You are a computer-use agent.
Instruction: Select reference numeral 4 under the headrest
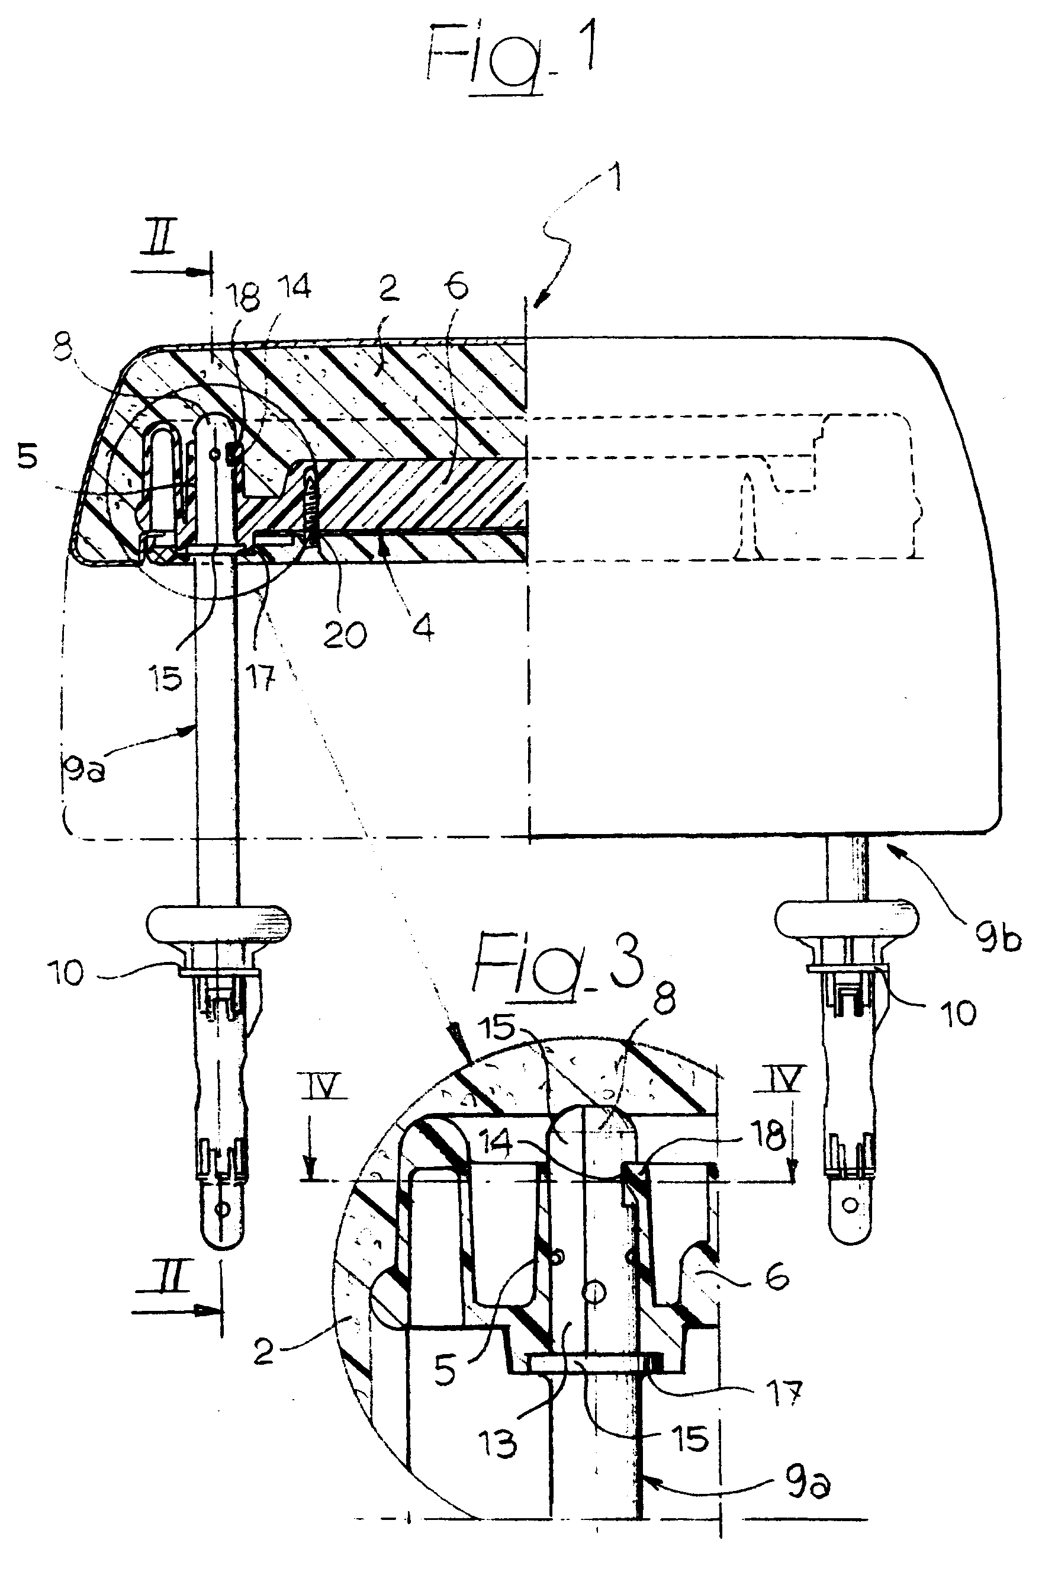point(423,626)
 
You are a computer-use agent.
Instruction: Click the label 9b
point(998,937)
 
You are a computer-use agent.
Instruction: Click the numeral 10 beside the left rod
point(66,973)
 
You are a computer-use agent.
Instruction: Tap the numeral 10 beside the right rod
point(957,1013)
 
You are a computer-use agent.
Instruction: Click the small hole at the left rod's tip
point(223,1208)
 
